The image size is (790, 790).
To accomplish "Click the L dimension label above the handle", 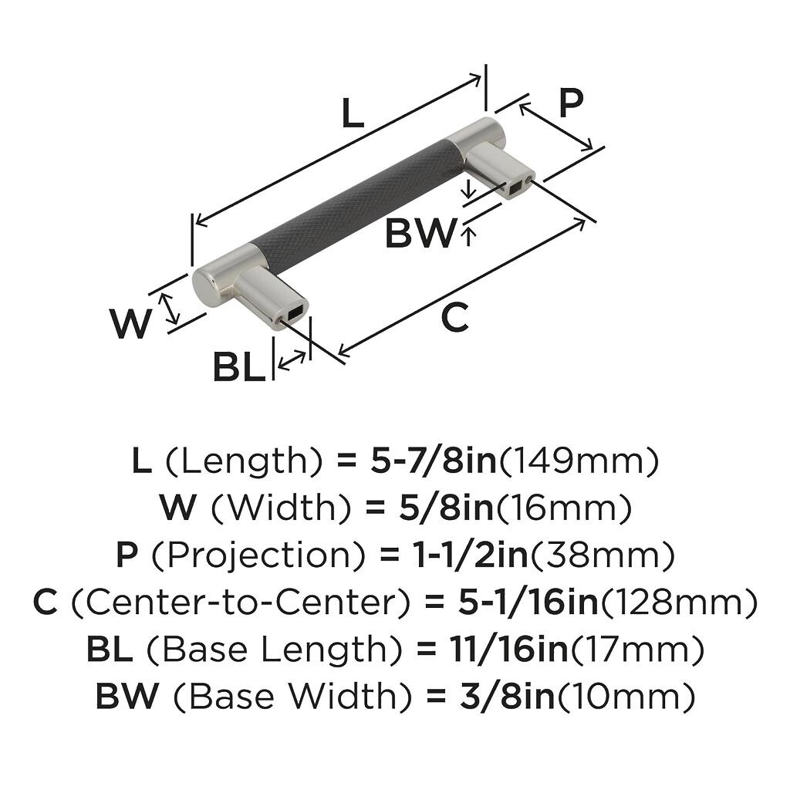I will (352, 115).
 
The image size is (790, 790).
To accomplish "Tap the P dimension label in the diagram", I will (570, 103).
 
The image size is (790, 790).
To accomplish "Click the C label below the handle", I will (455, 318).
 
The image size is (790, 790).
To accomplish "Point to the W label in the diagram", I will (130, 324).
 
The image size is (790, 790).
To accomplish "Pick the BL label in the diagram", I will (239, 368).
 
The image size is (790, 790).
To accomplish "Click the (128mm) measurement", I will (678, 603).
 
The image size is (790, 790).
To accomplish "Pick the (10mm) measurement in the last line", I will (626, 697).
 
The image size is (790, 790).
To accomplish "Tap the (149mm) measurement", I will (580, 461).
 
